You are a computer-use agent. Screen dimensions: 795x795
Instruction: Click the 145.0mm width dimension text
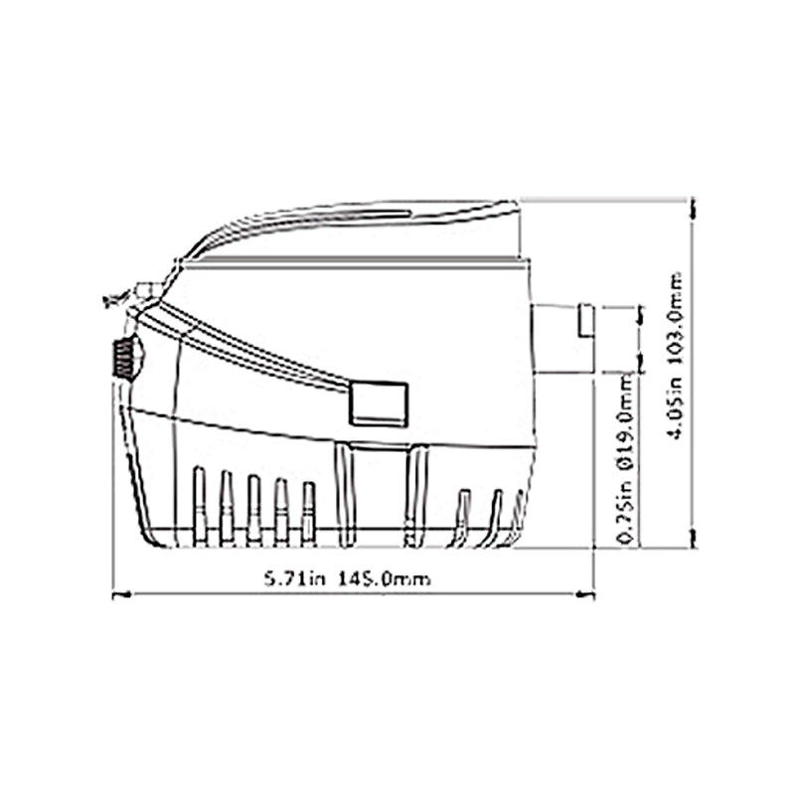(x=385, y=578)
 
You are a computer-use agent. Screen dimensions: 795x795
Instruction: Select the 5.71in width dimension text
(x=294, y=578)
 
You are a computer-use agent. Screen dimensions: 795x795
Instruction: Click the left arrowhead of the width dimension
(x=121, y=594)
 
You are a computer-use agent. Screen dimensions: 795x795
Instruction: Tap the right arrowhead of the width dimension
(x=584, y=594)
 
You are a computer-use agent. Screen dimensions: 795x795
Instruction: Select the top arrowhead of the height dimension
(x=693, y=209)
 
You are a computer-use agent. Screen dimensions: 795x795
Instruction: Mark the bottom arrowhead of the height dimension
(x=693, y=538)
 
